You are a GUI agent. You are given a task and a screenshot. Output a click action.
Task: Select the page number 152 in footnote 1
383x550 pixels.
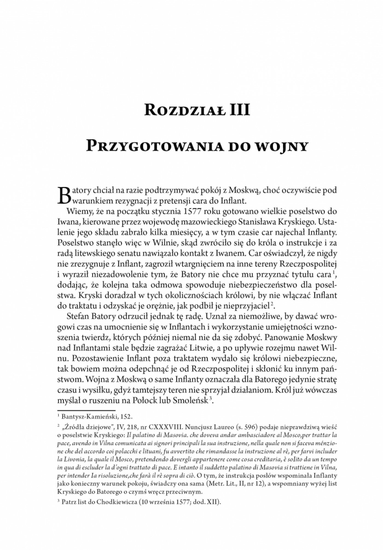(127, 417)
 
